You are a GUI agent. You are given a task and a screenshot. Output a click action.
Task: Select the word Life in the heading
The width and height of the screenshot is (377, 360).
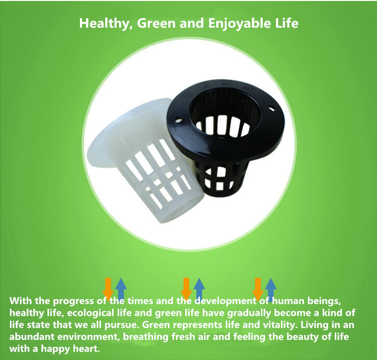(x=287, y=23)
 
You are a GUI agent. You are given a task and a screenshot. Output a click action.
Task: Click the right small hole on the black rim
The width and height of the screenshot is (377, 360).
(x=271, y=110)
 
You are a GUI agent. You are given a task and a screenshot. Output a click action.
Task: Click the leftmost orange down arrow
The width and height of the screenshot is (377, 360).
(x=108, y=288)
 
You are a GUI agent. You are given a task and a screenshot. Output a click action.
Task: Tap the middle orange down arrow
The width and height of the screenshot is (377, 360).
(x=186, y=288)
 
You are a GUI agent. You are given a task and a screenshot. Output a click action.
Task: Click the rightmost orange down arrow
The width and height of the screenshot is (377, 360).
(x=258, y=288)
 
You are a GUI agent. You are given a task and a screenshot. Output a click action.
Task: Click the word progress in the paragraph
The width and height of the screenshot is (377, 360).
(x=73, y=302)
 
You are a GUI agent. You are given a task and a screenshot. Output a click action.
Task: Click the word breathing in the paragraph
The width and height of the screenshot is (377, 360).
(x=146, y=337)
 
